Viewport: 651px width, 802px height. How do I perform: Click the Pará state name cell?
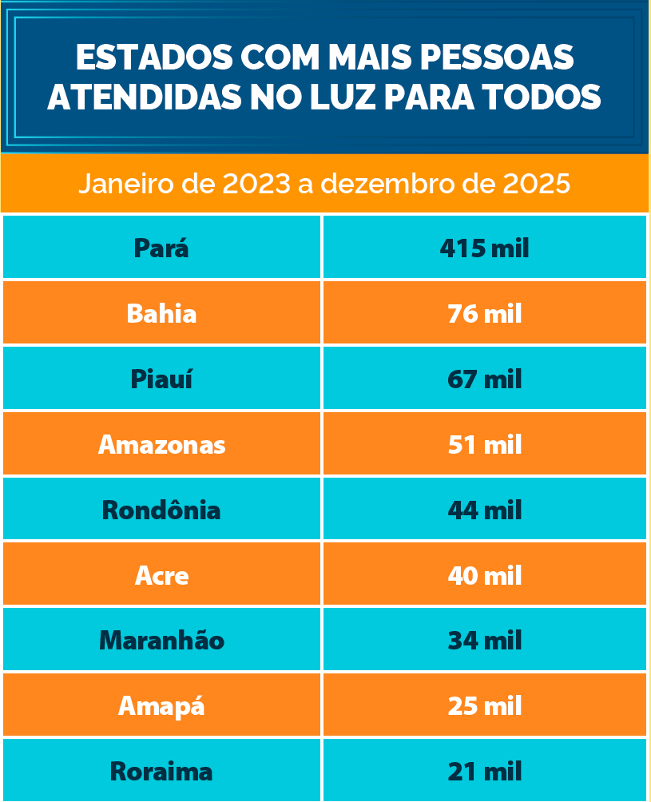click(161, 248)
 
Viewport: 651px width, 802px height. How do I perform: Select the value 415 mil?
click(485, 248)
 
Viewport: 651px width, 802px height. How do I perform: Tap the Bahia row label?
click(161, 313)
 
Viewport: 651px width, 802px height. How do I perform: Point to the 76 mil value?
click(485, 313)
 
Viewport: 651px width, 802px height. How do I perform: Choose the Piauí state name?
click(161, 379)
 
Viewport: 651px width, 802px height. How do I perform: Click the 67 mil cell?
click(485, 379)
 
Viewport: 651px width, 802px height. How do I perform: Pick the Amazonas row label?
click(161, 444)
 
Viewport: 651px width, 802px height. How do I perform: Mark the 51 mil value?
click(485, 444)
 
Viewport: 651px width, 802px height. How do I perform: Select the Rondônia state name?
click(161, 510)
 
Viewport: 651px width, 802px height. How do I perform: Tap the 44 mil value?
click(485, 510)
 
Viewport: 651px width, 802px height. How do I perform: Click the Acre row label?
click(161, 575)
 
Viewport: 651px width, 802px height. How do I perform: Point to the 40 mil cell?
click(485, 575)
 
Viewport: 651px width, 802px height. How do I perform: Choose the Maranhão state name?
click(161, 641)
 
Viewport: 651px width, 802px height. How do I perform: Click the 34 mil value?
click(485, 641)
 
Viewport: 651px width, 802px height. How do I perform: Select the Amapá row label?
click(161, 706)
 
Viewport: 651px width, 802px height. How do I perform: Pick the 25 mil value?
click(485, 706)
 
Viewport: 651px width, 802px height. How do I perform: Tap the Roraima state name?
click(161, 772)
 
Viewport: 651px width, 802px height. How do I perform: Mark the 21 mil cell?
click(485, 772)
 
